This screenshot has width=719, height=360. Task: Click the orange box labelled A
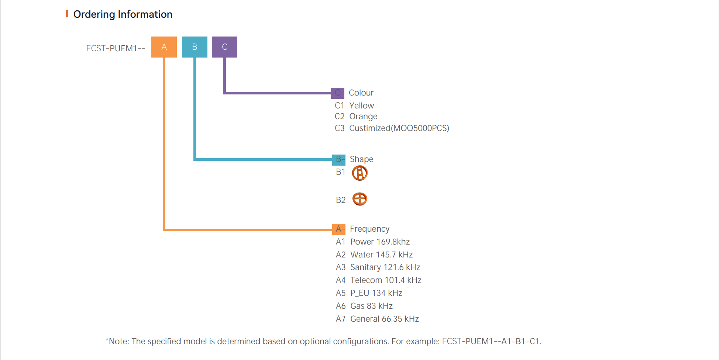[164, 47]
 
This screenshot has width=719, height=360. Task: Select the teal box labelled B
[195, 47]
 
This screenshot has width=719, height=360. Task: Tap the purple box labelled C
[224, 47]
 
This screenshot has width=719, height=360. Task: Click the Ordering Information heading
[123, 14]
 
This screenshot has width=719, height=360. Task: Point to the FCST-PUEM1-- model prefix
[115, 48]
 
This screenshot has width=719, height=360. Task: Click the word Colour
[361, 93]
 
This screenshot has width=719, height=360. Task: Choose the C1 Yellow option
[354, 105]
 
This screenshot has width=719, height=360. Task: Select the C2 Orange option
[356, 117]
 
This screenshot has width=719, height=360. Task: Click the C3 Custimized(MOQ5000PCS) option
[392, 128]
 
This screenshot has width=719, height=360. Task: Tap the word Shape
[361, 159]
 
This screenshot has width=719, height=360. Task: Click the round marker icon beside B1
[359, 173]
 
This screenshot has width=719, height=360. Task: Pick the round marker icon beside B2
[359, 199]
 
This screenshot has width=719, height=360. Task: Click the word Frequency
[369, 229]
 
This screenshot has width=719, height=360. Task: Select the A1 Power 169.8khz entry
[373, 242]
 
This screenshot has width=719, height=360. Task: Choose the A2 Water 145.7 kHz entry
[374, 255]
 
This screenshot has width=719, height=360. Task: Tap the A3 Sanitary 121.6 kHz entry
[378, 267]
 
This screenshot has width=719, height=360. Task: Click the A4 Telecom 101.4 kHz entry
[379, 280]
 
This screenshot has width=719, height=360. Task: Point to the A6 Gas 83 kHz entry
[364, 306]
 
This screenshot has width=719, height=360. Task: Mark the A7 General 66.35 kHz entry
[377, 319]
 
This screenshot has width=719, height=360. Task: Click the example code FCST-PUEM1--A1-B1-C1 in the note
[491, 341]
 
